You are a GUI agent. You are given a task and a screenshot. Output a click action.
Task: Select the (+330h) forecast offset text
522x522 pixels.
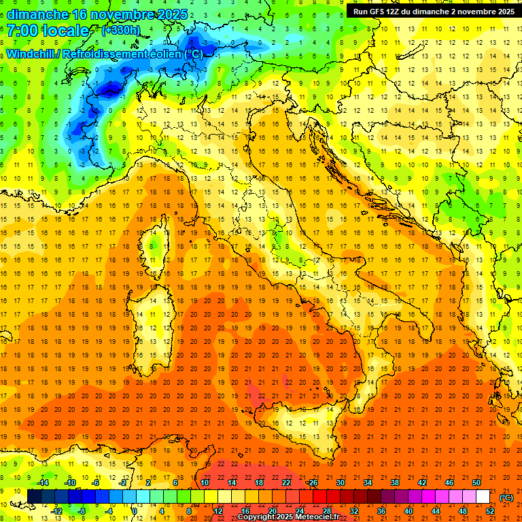(x=121, y=31)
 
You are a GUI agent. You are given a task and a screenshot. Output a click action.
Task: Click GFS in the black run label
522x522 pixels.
(x=379, y=11)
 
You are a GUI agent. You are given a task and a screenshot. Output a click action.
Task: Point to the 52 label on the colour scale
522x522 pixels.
(x=489, y=510)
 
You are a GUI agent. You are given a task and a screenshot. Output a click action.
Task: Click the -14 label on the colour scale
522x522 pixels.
(x=43, y=482)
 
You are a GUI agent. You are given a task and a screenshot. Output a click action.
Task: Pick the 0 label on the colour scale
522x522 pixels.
(x=135, y=510)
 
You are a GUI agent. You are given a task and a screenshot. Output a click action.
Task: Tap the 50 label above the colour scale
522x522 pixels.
(x=476, y=482)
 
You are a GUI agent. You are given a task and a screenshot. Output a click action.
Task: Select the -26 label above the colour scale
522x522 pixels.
(x=312, y=482)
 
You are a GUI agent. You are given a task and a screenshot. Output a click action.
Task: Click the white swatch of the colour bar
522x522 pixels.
(x=483, y=496)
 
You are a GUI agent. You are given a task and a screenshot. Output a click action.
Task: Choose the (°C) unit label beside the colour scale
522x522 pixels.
(x=506, y=498)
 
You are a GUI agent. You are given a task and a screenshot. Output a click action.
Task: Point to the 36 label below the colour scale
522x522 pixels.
(x=381, y=510)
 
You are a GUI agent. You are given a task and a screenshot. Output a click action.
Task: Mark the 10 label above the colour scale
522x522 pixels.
(x=205, y=482)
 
